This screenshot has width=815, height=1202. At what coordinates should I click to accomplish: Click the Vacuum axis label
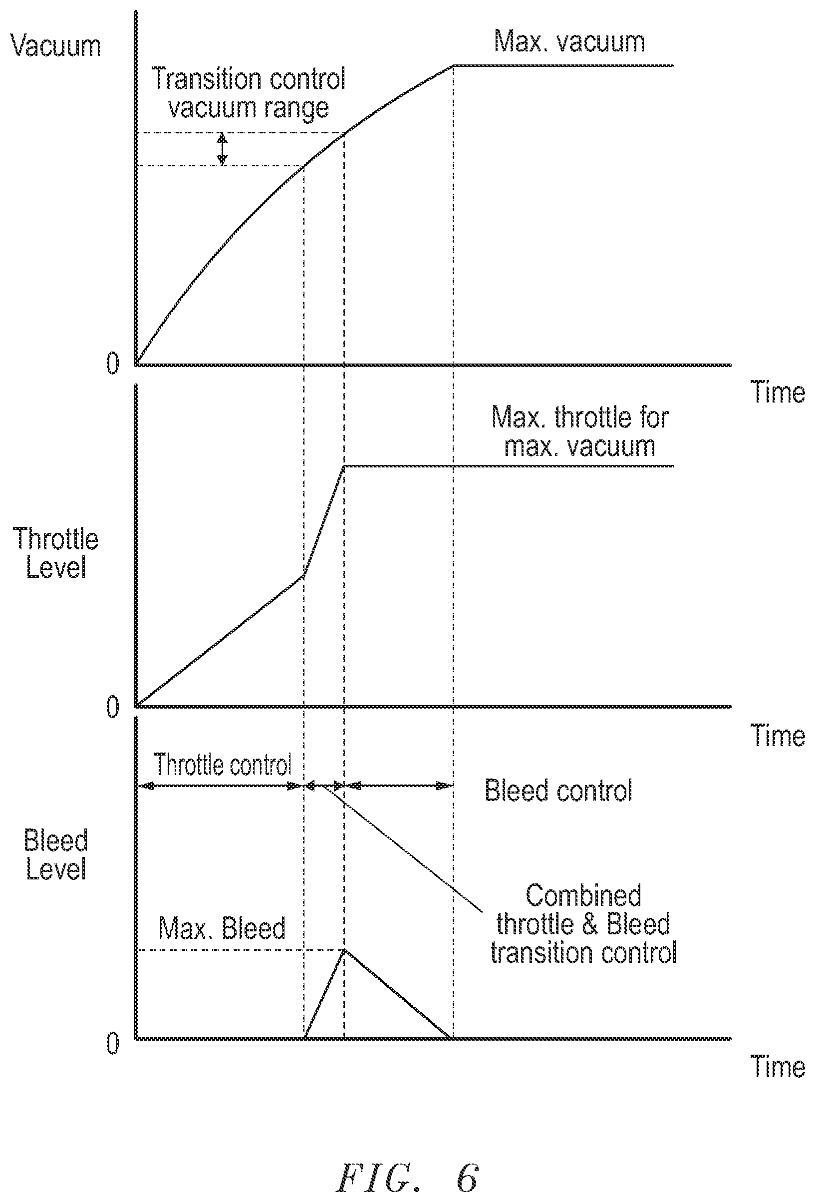[55, 45]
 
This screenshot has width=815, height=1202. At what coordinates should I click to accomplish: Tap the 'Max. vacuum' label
[569, 41]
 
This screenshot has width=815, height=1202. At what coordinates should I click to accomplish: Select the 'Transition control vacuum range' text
[249, 93]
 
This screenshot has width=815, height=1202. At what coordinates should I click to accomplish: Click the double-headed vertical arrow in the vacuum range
[222, 149]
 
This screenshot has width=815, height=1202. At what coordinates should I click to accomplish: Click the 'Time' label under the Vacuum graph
[777, 393]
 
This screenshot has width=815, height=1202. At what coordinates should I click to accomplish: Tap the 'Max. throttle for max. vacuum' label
[580, 431]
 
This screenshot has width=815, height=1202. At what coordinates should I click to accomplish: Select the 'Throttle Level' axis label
[55, 553]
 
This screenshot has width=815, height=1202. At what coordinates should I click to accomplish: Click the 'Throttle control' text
[223, 765]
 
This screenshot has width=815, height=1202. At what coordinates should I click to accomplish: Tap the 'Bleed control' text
[558, 791]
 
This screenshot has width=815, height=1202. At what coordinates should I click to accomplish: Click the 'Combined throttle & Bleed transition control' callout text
[583, 924]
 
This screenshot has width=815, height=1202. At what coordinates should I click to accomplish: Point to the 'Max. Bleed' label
[222, 928]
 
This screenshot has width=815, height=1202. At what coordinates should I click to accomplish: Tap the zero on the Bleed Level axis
[113, 1043]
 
